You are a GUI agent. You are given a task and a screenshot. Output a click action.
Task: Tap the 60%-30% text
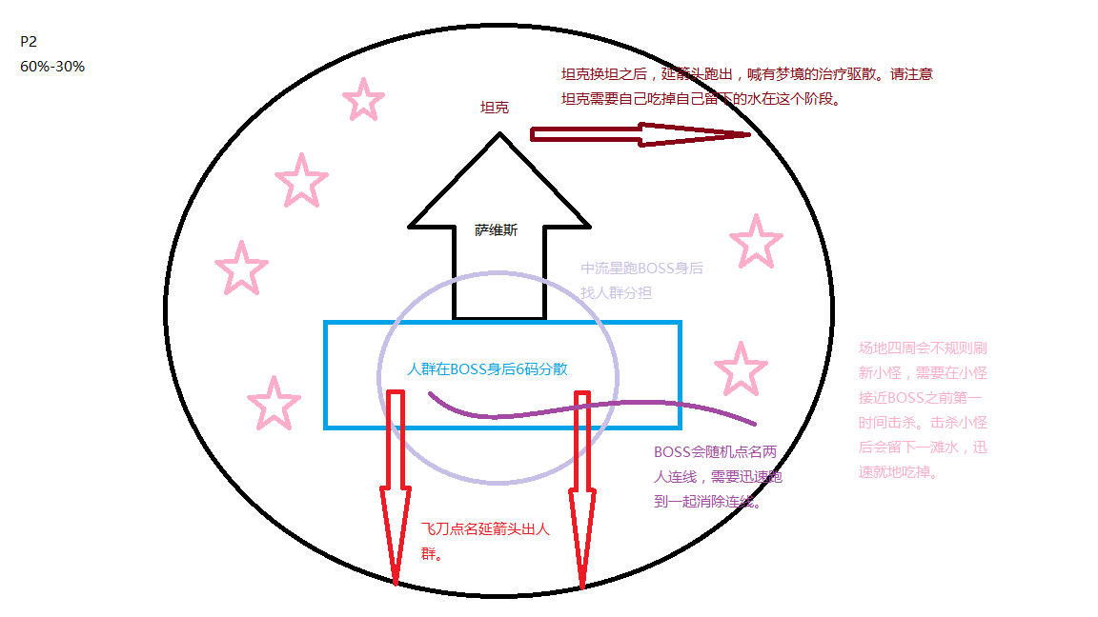(52, 67)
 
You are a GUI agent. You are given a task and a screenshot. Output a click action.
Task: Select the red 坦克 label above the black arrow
(494, 108)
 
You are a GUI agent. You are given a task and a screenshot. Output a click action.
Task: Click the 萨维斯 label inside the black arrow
(496, 229)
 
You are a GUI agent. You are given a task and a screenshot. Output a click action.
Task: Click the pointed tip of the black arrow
(498, 136)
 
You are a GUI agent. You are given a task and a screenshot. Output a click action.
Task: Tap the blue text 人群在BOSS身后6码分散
(488, 368)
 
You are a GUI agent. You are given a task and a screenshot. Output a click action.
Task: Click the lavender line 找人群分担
(617, 293)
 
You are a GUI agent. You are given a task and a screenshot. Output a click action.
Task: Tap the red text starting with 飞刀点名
(485, 530)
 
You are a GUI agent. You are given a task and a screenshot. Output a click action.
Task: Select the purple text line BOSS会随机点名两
(716, 453)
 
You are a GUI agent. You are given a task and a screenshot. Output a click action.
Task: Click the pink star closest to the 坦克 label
(362, 100)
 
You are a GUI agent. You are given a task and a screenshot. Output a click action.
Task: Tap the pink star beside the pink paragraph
(741, 368)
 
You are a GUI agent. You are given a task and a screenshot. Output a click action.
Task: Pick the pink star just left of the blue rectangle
(274, 403)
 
